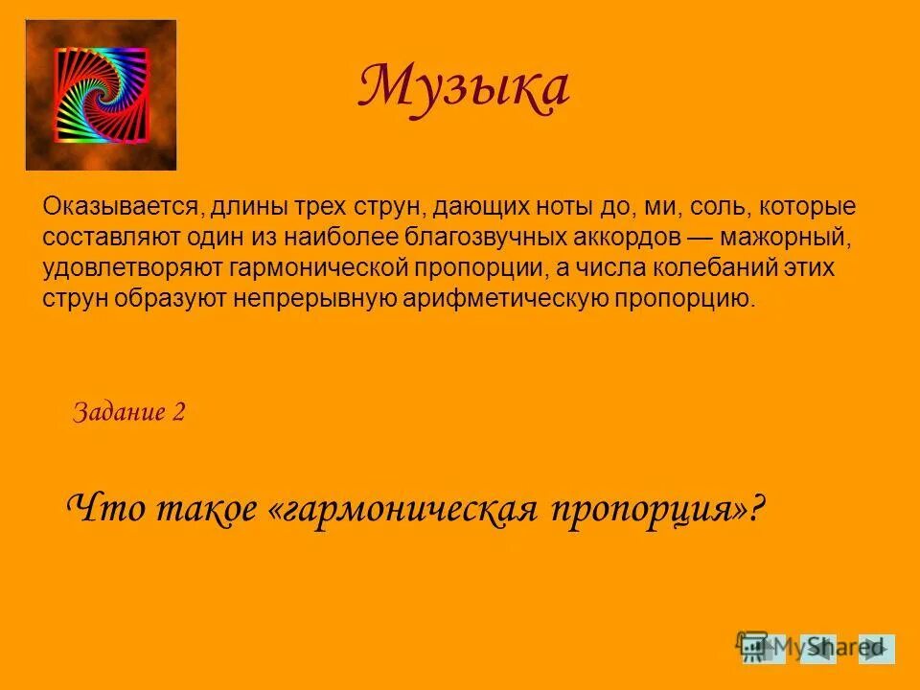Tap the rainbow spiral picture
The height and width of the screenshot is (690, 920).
(x=101, y=94)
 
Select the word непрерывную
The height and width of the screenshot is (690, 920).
(x=370, y=297)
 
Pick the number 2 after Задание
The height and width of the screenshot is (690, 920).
(x=177, y=413)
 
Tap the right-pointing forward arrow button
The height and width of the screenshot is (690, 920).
(x=876, y=649)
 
